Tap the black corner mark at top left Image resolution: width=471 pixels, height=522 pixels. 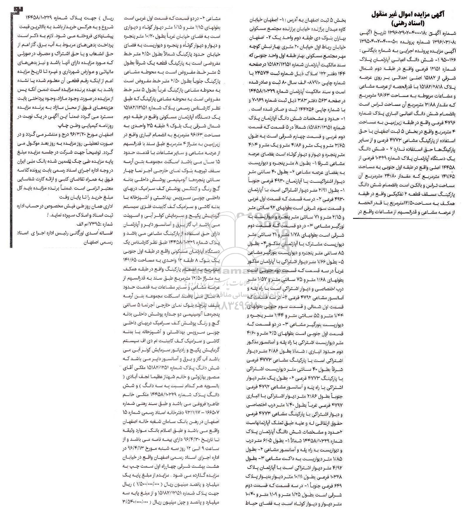[13, 9]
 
